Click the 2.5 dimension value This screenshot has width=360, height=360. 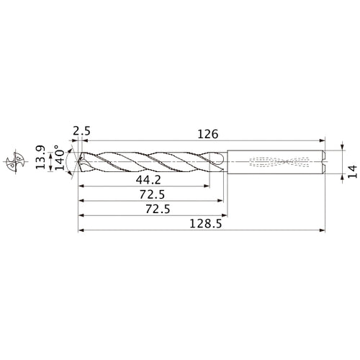(81, 131)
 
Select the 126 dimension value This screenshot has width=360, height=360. (208, 134)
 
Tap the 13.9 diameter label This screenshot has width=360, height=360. (40, 157)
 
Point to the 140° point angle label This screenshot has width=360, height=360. (60, 158)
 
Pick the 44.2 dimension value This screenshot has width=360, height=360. (148, 180)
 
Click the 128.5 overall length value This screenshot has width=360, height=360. (206, 224)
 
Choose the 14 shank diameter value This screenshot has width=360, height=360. (352, 171)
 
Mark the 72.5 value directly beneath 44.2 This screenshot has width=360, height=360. (153, 194)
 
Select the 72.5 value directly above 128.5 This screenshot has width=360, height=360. (158, 210)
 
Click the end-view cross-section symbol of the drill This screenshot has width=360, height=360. (15, 162)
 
